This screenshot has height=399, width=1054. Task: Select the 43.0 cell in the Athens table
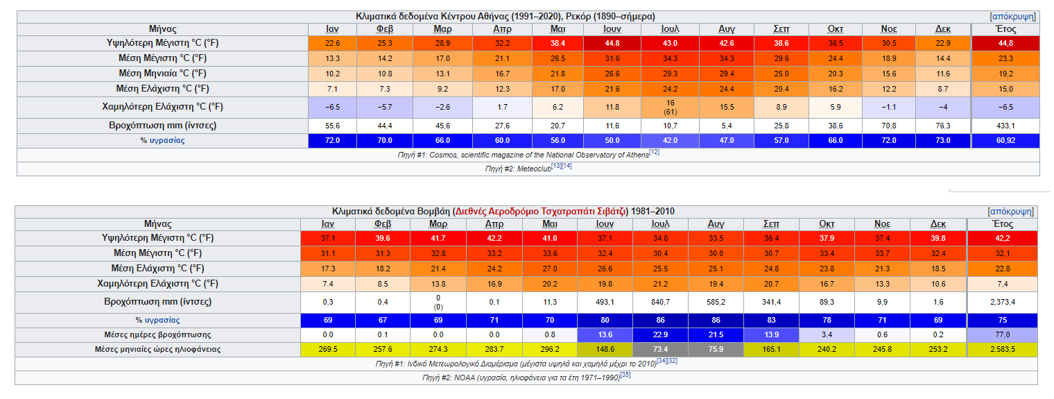(x=670, y=43)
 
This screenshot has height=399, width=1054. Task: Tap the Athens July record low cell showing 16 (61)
(x=670, y=107)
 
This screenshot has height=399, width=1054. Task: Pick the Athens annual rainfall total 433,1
(x=1005, y=126)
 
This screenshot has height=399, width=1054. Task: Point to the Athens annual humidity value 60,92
(x=1005, y=141)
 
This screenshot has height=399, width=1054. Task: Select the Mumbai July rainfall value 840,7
(x=660, y=303)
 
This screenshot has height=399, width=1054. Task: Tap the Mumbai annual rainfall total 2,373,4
(x=1003, y=303)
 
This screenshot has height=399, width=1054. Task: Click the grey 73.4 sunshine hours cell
(x=660, y=350)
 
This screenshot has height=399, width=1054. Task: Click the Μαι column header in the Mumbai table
(x=550, y=225)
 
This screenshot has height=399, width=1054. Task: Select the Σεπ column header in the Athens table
(x=781, y=29)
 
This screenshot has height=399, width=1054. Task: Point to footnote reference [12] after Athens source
(x=654, y=153)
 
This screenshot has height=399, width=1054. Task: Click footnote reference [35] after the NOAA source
(x=625, y=375)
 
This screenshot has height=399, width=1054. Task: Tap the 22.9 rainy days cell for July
(x=660, y=335)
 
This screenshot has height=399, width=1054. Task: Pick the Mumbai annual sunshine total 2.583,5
(x=1003, y=350)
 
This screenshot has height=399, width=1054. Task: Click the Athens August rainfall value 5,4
(x=727, y=126)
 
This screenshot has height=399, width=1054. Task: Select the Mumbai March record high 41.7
(x=438, y=238)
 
